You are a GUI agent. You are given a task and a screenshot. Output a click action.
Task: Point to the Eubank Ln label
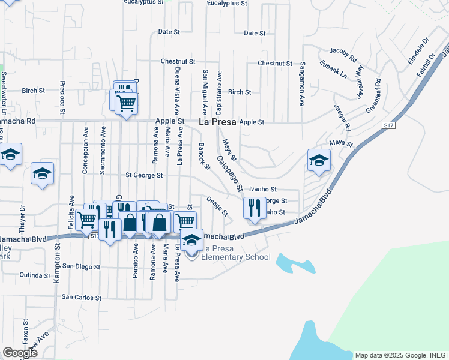point(333,69)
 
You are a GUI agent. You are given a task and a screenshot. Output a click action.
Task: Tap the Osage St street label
point(217,206)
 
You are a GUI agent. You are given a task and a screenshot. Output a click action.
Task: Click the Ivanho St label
point(262,189)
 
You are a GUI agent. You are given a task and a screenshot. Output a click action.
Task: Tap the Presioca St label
point(62,98)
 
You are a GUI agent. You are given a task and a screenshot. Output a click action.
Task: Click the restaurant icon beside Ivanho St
point(255,208)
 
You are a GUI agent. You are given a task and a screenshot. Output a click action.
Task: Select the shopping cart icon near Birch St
point(126,103)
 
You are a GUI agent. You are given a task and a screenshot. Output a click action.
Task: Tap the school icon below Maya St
point(319,160)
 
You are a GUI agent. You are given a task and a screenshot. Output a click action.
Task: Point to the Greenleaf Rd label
point(373,95)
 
